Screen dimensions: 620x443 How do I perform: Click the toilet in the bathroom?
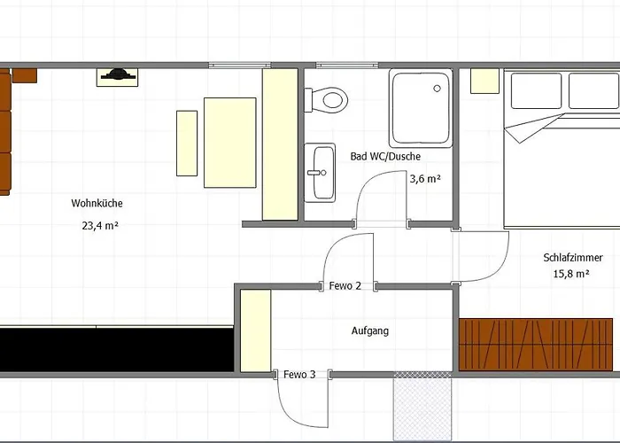tap(326, 99)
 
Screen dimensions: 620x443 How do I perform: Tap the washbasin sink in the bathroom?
tap(320, 173)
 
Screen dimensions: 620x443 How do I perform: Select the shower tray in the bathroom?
tap(421, 108)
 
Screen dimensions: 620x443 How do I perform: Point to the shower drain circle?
tap(437, 89)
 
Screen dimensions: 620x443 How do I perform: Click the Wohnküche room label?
tap(97, 203)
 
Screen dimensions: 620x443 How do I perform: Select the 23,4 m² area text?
tap(100, 225)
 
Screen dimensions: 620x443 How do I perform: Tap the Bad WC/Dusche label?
tap(385, 156)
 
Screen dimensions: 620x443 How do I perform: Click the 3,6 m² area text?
tap(425, 179)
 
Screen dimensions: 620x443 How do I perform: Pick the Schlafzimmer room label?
tap(573, 258)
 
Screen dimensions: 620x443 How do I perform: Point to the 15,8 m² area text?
tap(571, 273)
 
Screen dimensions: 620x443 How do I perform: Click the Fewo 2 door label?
tap(345, 285)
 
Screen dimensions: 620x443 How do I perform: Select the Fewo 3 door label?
tap(299, 374)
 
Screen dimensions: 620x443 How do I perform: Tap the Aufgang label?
tap(370, 330)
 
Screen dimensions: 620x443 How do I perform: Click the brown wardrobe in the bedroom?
tap(536, 345)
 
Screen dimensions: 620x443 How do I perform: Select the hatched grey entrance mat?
tap(422, 406)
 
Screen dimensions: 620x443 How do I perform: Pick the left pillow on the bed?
tap(536, 90)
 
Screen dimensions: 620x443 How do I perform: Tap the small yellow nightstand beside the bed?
tap(484, 82)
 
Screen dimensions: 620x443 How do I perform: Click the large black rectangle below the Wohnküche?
tap(117, 350)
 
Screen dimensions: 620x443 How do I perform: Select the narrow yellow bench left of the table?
tap(187, 144)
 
